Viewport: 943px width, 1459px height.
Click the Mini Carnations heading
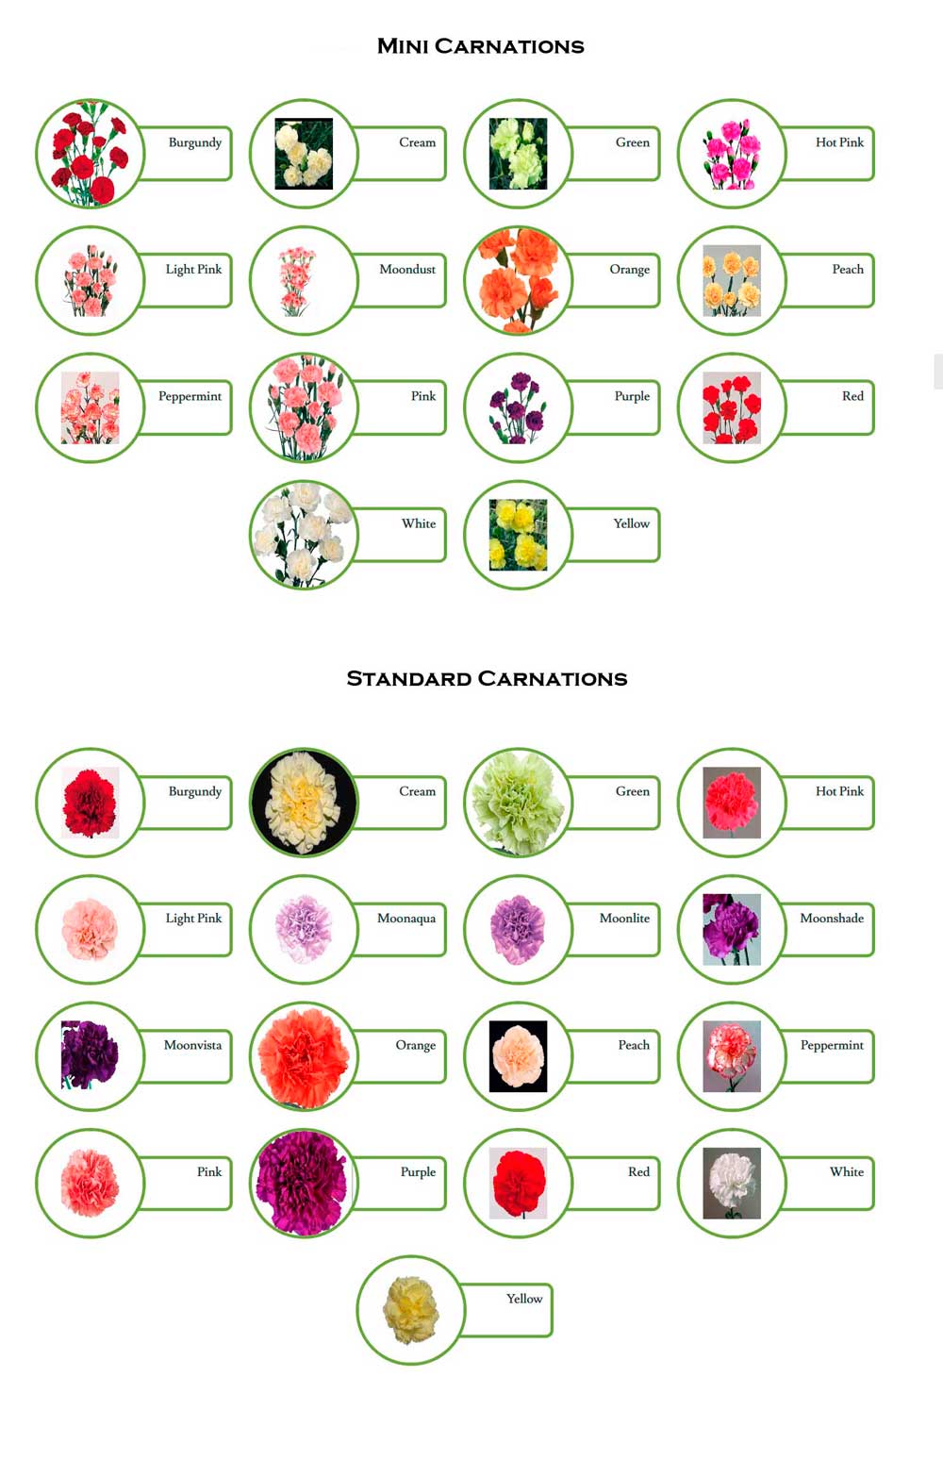coord(481,46)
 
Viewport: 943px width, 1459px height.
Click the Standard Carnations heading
coord(487,679)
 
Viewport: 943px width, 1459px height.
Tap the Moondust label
coord(407,269)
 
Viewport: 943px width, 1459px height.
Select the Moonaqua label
coord(406,918)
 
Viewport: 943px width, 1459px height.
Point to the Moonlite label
coord(624,918)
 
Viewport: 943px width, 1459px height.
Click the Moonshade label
coord(832,918)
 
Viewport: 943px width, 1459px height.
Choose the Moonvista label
coord(192,1045)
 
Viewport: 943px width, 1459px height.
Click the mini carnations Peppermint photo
coord(90,407)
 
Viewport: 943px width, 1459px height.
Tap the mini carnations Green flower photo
coord(518,154)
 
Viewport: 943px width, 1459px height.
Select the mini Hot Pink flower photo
coord(732,154)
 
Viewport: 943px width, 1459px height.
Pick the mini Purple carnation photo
coord(518,407)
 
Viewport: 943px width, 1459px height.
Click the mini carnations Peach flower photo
coord(732,281)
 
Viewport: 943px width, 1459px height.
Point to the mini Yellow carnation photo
coord(518,535)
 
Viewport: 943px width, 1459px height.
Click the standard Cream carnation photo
coord(304,803)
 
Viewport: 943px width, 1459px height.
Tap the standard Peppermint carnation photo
coord(732,1056)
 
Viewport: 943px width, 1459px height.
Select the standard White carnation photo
coord(732,1183)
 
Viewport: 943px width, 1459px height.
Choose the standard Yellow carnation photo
coord(410,1310)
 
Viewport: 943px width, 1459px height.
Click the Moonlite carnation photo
coord(518,930)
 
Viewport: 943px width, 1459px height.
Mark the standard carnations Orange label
coord(416,1045)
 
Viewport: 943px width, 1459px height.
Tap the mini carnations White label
coord(419,523)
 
